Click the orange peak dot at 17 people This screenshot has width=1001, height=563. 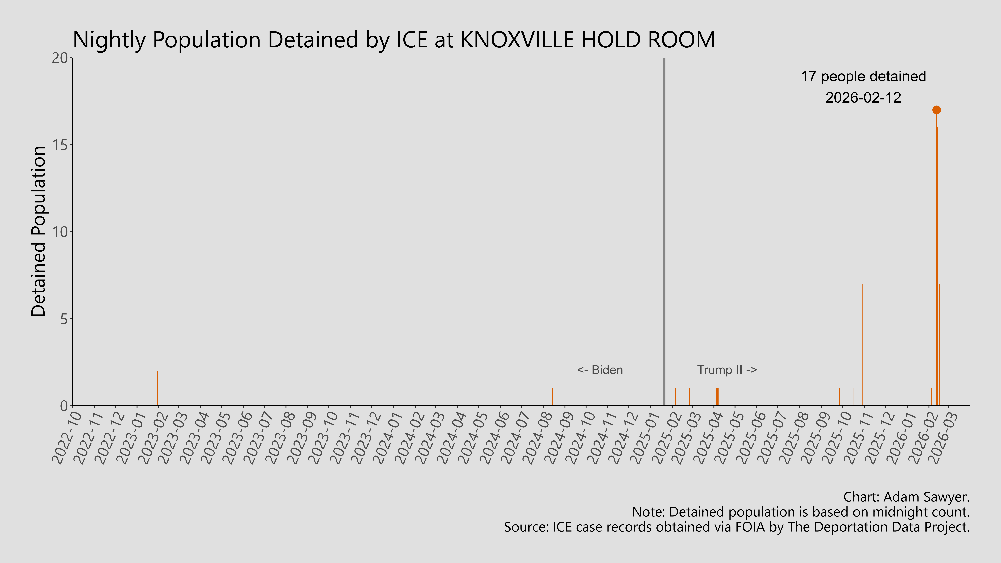(x=936, y=110)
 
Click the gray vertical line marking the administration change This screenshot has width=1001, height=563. (x=664, y=233)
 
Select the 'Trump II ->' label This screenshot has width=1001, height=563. (x=727, y=370)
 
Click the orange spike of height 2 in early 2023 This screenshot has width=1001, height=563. (x=157, y=389)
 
